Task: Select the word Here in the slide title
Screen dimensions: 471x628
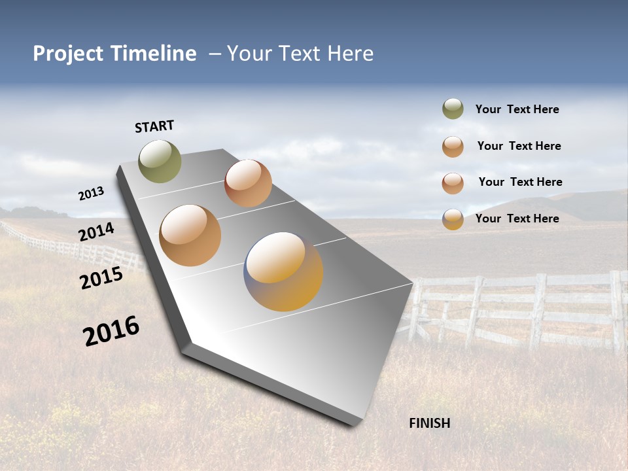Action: pyautogui.click(x=351, y=54)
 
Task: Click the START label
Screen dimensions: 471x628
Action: pyautogui.click(x=154, y=126)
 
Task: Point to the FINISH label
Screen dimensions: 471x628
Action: pyautogui.click(x=430, y=423)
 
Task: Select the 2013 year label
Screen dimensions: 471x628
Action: pyautogui.click(x=91, y=194)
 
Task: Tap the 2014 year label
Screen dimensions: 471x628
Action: pyautogui.click(x=96, y=232)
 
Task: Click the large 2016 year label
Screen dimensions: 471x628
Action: pyautogui.click(x=111, y=331)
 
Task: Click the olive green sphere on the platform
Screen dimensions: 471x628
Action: pyautogui.click(x=160, y=161)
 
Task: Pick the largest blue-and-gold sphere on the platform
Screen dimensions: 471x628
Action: pyautogui.click(x=283, y=271)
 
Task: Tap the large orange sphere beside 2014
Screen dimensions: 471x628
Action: pyautogui.click(x=190, y=235)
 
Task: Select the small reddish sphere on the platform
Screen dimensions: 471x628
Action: pyautogui.click(x=248, y=183)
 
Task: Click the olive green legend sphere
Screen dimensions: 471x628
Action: pyautogui.click(x=453, y=109)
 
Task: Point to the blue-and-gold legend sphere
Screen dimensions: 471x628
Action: pyautogui.click(x=453, y=219)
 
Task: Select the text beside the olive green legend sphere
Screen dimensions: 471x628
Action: pyautogui.click(x=517, y=109)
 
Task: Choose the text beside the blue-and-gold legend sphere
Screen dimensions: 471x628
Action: pyautogui.click(x=517, y=218)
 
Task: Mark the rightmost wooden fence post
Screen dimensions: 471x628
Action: pyautogui.click(x=616, y=311)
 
